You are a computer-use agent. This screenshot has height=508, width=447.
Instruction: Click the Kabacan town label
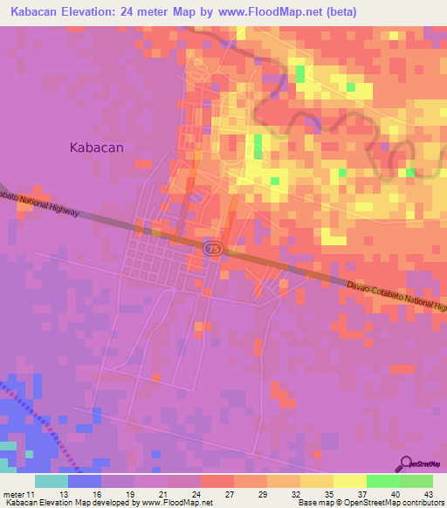[96, 148]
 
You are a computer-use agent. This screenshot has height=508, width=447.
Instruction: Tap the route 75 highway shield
[213, 250]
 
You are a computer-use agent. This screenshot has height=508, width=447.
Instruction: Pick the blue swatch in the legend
[84, 481]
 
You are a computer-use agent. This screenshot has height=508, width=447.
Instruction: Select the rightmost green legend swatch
[416, 481]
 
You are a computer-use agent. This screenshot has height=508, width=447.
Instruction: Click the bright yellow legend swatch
[349, 481]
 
